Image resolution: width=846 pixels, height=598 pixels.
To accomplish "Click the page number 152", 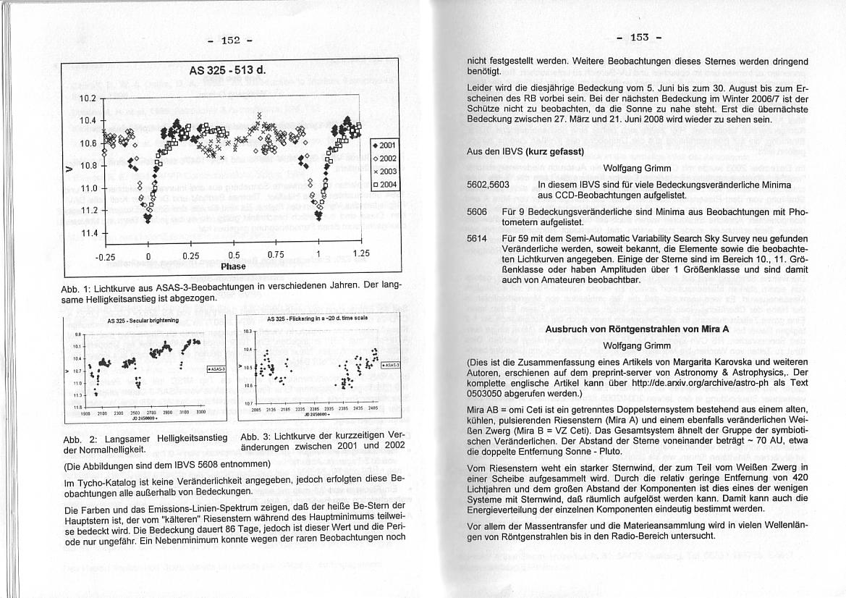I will point(229,40).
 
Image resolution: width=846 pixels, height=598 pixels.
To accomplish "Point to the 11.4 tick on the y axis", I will point(87,233).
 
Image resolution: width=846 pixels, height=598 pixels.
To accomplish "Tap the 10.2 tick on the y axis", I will point(87,98).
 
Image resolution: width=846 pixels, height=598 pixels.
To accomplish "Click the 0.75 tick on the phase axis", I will point(276,255).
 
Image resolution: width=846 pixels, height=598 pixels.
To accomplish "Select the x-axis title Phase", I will point(233,266).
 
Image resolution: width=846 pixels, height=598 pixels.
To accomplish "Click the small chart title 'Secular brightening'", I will point(132,320).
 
